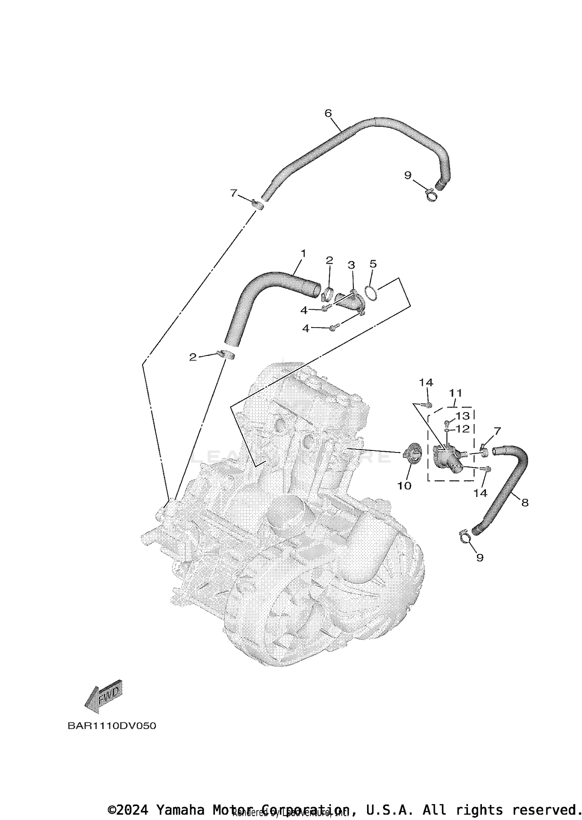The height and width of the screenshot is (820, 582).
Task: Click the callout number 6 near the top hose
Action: pyautogui.click(x=328, y=113)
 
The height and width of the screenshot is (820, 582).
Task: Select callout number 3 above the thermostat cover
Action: pyautogui.click(x=351, y=265)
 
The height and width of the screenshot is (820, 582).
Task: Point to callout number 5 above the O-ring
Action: pyautogui.click(x=373, y=264)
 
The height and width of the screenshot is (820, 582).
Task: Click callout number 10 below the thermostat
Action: pyautogui.click(x=404, y=485)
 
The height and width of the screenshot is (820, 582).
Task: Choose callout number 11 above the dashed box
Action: pyautogui.click(x=456, y=393)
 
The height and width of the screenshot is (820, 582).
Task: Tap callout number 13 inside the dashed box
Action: pyautogui.click(x=462, y=416)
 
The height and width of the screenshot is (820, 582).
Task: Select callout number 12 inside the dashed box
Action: pyautogui.click(x=462, y=429)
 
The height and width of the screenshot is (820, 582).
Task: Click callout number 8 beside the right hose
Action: pyautogui.click(x=525, y=503)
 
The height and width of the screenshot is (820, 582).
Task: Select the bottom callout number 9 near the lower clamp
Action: pyautogui.click(x=480, y=558)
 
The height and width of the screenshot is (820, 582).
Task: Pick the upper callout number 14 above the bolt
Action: pyautogui.click(x=426, y=382)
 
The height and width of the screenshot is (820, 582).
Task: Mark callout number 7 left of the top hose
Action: pyautogui.click(x=233, y=193)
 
